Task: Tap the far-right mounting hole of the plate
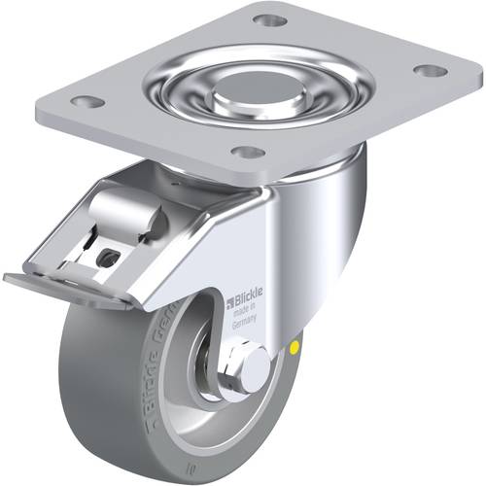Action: click(x=425, y=70)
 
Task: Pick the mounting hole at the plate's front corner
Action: click(x=250, y=152)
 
